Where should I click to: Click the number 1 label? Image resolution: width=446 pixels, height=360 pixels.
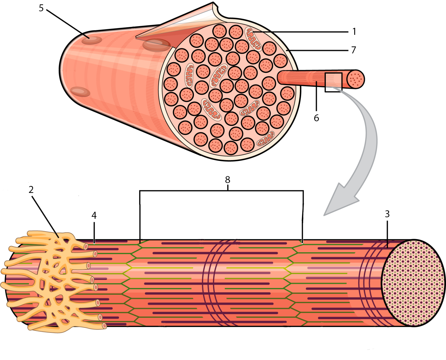(354, 32)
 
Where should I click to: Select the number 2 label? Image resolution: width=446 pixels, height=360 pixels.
(31, 190)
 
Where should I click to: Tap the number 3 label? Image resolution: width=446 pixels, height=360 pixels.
(387, 214)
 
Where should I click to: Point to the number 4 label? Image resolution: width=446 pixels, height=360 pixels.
(94, 215)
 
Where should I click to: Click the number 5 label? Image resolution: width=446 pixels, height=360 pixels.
(41, 8)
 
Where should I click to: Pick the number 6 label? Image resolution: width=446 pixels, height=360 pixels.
(316, 118)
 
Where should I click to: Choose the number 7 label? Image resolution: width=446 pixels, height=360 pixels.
(354, 50)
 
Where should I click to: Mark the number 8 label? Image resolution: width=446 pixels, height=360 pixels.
(228, 180)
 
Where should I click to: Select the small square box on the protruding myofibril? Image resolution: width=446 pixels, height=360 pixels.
(333, 82)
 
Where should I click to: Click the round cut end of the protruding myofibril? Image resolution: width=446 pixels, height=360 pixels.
(355, 79)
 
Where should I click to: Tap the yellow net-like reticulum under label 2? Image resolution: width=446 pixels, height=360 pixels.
(54, 281)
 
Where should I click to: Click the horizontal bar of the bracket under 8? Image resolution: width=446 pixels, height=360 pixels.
(221, 191)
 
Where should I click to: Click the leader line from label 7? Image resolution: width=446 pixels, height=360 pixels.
(317, 50)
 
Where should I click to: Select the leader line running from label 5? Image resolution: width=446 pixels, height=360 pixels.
(68, 24)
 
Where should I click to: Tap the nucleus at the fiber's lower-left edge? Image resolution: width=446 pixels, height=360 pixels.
(80, 92)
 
